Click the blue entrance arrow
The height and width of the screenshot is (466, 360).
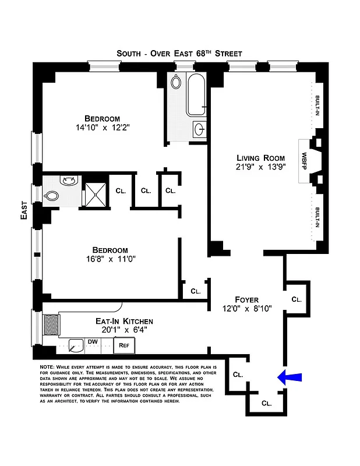(290, 377)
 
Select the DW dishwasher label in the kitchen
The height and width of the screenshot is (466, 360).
(93, 342)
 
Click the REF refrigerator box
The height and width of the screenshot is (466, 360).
(124, 345)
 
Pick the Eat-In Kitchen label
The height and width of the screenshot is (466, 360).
(124, 320)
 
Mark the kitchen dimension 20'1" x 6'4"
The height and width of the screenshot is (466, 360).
(124, 330)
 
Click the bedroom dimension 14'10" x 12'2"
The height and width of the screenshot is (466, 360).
(98, 127)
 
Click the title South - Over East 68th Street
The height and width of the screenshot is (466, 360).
(179, 53)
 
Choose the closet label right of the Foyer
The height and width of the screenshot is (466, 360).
(296, 299)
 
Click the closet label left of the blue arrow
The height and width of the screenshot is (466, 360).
(238, 375)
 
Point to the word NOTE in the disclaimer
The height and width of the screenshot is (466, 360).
(47, 366)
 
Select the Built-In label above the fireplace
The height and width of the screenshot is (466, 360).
(317, 106)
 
